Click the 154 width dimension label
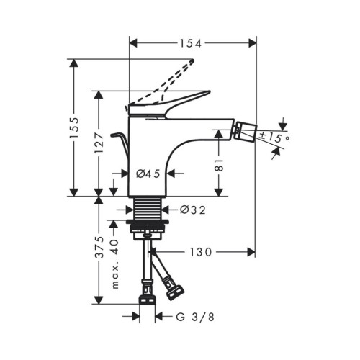pos(191,43)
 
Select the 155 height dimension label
pos(74,127)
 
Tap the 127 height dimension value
pos(99,143)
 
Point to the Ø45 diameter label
pos(148,174)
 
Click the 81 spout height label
pos(219,165)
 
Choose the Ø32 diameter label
pos(193,210)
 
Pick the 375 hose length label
pos(99,247)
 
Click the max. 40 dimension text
pos(115,264)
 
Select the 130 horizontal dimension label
pos(201,252)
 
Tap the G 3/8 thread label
pos(195,318)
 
